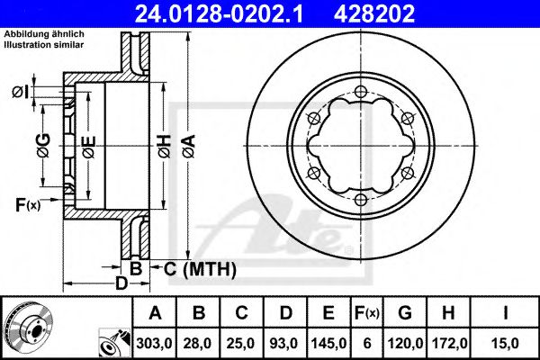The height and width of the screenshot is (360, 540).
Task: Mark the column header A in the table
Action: pyautogui.click(x=156, y=313)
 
